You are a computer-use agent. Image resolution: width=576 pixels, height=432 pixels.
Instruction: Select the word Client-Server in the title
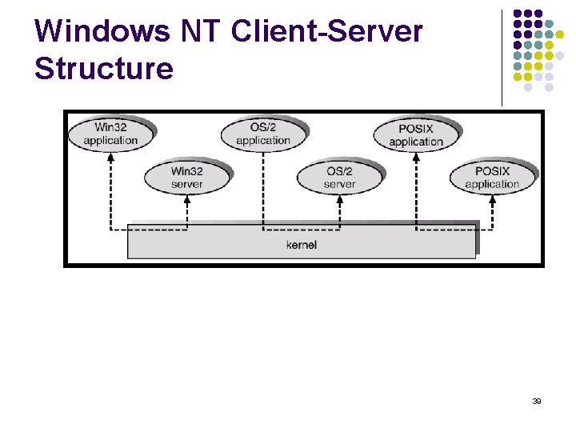point(326,32)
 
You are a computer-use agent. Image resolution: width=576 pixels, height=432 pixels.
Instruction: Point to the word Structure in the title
point(104,69)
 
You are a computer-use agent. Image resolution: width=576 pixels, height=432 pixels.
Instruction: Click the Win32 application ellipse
point(110,134)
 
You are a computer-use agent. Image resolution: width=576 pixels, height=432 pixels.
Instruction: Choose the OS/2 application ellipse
point(263,134)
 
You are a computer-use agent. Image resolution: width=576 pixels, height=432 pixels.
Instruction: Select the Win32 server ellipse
point(186,178)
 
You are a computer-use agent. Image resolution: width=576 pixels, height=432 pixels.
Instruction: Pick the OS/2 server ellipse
point(339,178)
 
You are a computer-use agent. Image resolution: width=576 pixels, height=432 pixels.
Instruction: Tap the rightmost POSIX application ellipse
point(492,178)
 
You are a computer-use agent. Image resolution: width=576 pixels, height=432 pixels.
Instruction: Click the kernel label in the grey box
point(302,244)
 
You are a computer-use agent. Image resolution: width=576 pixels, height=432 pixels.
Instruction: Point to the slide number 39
point(536,401)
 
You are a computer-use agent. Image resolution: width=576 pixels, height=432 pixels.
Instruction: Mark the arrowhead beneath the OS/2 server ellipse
point(339,200)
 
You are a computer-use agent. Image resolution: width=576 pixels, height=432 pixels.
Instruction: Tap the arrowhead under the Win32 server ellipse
point(186,200)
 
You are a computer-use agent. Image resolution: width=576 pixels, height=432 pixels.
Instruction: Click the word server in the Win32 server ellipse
point(186,185)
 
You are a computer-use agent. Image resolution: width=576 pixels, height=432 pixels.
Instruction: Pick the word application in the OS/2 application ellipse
point(263,141)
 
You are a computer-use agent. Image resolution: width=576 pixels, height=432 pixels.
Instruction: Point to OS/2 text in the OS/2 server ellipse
point(339,171)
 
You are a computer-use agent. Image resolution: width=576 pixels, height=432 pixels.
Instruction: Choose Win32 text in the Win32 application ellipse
point(110,126)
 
